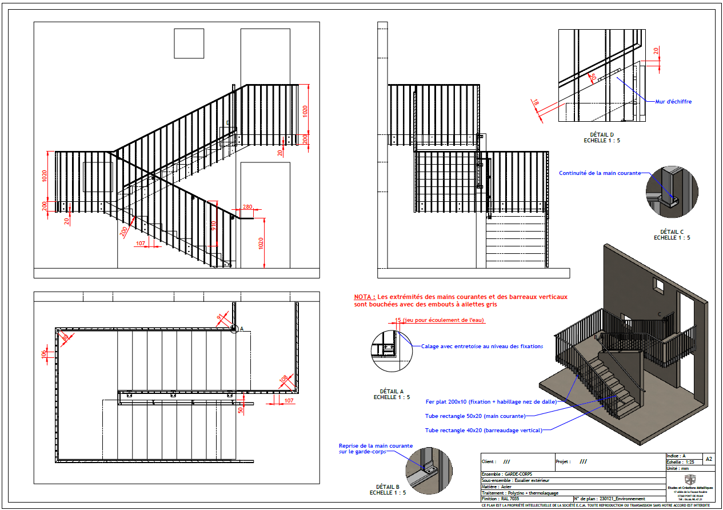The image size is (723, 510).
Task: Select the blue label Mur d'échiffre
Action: [x=673, y=101]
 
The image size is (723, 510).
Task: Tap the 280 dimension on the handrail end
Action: [x=247, y=207]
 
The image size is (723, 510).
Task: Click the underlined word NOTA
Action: [x=364, y=297]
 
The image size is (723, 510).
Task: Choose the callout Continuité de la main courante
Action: [x=600, y=173]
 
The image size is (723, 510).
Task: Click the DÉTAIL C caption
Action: [x=672, y=232]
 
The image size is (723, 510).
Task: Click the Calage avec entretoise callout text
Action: [x=481, y=346]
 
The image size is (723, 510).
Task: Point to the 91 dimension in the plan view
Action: [x=219, y=317]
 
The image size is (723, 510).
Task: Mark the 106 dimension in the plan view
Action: [x=45, y=355]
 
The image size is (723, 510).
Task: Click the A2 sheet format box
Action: [x=709, y=459]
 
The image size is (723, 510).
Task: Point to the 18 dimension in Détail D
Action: [x=536, y=102]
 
